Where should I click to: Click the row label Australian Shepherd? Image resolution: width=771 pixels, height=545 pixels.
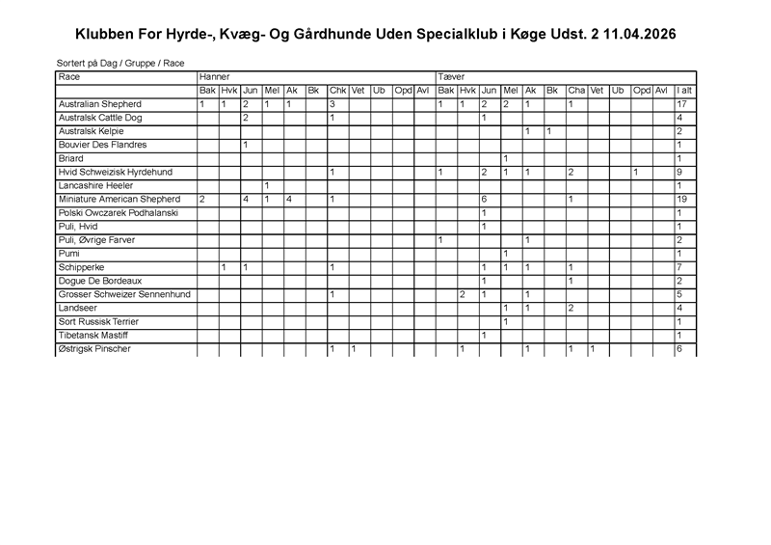click(x=100, y=104)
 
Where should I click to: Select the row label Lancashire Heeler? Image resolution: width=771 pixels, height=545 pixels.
click(x=95, y=185)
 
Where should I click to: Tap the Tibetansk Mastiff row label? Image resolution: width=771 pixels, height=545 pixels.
click(x=94, y=335)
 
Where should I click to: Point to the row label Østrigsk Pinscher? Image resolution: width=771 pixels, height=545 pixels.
click(x=94, y=348)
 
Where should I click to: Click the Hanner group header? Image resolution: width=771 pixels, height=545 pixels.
click(x=214, y=76)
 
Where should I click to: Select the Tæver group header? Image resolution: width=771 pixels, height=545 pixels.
click(x=451, y=76)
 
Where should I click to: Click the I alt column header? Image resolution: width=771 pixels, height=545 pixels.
click(x=684, y=91)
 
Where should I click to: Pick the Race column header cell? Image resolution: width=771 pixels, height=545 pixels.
click(x=69, y=76)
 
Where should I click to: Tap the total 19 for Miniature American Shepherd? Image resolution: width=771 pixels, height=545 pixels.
click(x=681, y=199)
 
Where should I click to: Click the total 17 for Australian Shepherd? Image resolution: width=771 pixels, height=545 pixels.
click(x=681, y=104)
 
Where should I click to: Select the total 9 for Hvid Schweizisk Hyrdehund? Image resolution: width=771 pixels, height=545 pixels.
click(x=679, y=172)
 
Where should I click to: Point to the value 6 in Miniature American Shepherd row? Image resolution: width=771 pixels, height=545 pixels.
click(x=484, y=199)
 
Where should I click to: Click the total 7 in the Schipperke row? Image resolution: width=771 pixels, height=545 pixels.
click(x=679, y=266)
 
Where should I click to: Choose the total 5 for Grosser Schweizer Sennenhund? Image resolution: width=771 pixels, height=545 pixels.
click(x=679, y=294)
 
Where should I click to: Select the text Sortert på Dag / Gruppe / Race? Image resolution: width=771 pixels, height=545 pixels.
click(x=120, y=63)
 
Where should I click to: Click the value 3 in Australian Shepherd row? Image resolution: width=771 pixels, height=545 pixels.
click(x=332, y=104)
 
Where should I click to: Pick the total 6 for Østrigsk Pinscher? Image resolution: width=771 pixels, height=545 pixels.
click(x=679, y=348)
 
